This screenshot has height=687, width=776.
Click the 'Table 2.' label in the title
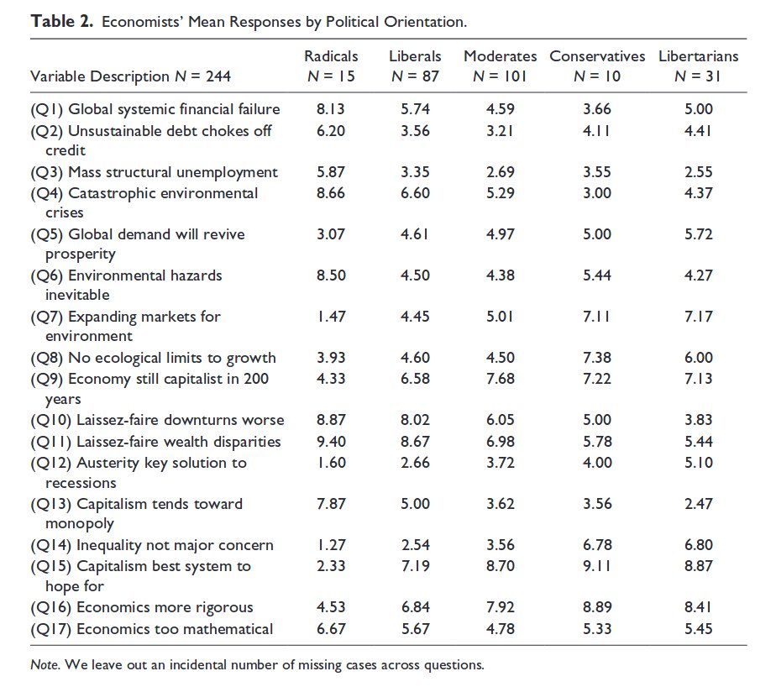(x=62, y=21)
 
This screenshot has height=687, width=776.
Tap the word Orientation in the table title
(x=426, y=21)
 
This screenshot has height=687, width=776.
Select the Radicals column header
(x=331, y=56)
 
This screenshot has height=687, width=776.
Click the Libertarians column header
(x=698, y=56)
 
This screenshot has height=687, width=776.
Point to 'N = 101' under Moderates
(x=500, y=76)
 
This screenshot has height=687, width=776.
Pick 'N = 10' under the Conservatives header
(x=597, y=76)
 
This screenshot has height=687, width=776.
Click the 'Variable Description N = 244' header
(x=130, y=76)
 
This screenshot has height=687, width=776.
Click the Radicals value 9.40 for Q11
(x=331, y=442)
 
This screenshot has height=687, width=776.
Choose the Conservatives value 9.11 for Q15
(x=597, y=566)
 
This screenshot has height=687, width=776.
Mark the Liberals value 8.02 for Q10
(x=415, y=420)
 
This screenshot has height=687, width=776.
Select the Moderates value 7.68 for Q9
(x=500, y=379)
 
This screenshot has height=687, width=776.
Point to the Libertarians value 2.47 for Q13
(x=698, y=504)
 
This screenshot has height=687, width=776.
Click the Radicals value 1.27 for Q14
(x=331, y=545)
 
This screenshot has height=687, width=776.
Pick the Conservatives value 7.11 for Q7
(x=597, y=317)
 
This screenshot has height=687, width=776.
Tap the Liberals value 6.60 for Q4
(x=415, y=193)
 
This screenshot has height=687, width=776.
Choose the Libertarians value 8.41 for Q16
(x=698, y=607)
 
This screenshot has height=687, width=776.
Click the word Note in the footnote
(x=44, y=665)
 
